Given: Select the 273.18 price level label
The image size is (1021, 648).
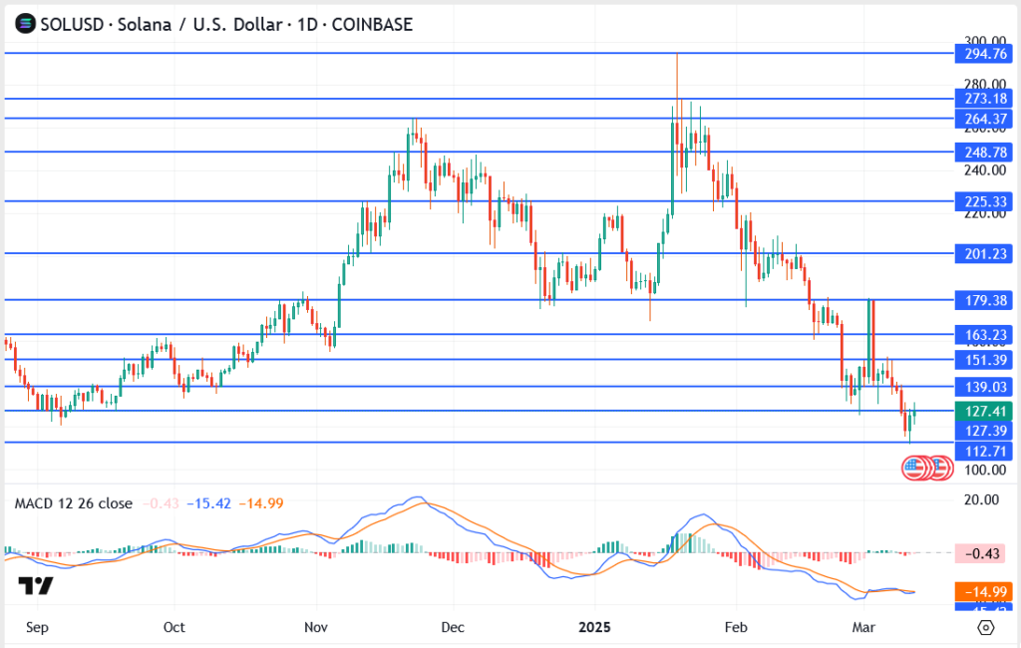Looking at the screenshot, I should pyautogui.click(x=983, y=99).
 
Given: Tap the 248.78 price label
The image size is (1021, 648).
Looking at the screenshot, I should pyautogui.click(x=983, y=152).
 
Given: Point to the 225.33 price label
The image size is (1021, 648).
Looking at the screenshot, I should pyautogui.click(x=983, y=200).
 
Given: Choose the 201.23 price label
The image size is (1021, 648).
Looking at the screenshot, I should pyautogui.click(x=983, y=253).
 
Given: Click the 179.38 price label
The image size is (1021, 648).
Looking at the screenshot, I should pyautogui.click(x=983, y=299).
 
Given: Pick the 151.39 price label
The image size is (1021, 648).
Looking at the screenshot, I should pyautogui.click(x=983, y=359).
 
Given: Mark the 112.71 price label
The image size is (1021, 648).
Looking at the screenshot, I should pyautogui.click(x=983, y=451).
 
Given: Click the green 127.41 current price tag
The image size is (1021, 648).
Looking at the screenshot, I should pyautogui.click(x=983, y=411).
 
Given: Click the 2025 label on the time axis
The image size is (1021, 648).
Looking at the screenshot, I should pyautogui.click(x=596, y=627).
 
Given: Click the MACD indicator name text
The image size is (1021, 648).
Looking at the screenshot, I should pyautogui.click(x=73, y=503).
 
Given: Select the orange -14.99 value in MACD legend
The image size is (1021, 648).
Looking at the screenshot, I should pyautogui.click(x=263, y=503).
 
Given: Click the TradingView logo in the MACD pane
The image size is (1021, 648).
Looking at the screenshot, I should pyautogui.click(x=37, y=585).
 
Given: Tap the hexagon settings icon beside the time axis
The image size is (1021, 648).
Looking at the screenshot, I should pyautogui.click(x=985, y=627).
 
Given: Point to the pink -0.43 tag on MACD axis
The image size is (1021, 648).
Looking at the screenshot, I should pyautogui.click(x=983, y=553).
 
